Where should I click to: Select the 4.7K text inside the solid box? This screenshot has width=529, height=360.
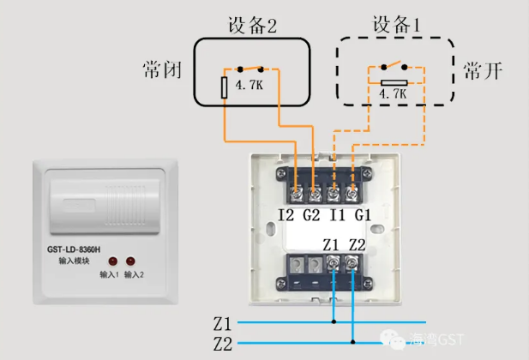pyautogui.click(x=249, y=86)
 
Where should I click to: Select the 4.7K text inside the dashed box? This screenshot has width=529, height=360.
pyautogui.click(x=392, y=96)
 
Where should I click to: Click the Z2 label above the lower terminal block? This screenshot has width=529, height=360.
pyautogui.click(x=357, y=244)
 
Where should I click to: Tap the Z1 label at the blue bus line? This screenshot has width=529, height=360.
pyautogui.click(x=222, y=324)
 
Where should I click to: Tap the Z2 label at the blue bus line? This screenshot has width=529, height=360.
pyautogui.click(x=222, y=345)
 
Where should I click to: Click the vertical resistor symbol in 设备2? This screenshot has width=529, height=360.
pyautogui.click(x=225, y=86)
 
